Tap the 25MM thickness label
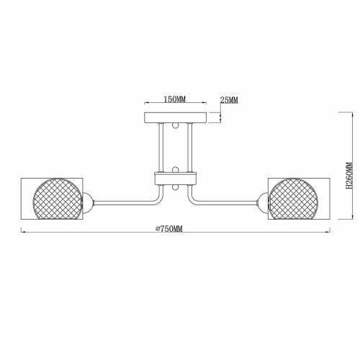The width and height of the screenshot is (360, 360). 229,100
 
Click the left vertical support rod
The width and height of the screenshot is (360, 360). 163,148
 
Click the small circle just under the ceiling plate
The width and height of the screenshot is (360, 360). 175,127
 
